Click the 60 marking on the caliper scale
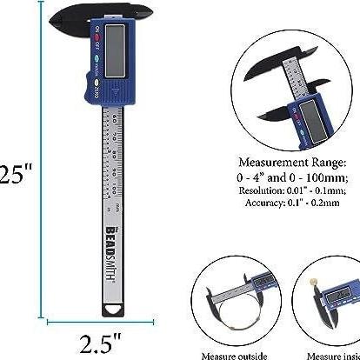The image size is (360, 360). click(112, 117)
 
